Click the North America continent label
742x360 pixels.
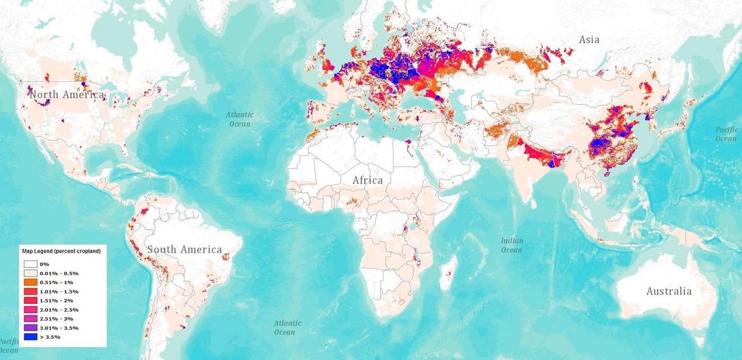tap(67, 95)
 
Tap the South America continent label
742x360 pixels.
tap(184, 250)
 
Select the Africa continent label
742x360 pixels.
tap(368, 180)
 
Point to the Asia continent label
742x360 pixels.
tap(589, 40)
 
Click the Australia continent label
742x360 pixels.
tap(668, 291)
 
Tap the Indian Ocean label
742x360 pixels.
tap(511, 245)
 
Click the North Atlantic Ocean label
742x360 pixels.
tap(240, 119)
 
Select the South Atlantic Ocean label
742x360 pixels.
tap(288, 327)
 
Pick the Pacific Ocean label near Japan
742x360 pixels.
tap(726, 134)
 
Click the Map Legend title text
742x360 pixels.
tap(61, 251)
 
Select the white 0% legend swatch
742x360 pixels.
tap(30, 264)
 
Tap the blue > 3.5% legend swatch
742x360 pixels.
tap(30, 337)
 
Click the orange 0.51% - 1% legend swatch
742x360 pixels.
tap(30, 282)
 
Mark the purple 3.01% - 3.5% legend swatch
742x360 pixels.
tap(30, 328)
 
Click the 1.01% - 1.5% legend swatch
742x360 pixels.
tap(30, 291)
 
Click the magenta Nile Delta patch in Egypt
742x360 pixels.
tap(408, 142)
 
